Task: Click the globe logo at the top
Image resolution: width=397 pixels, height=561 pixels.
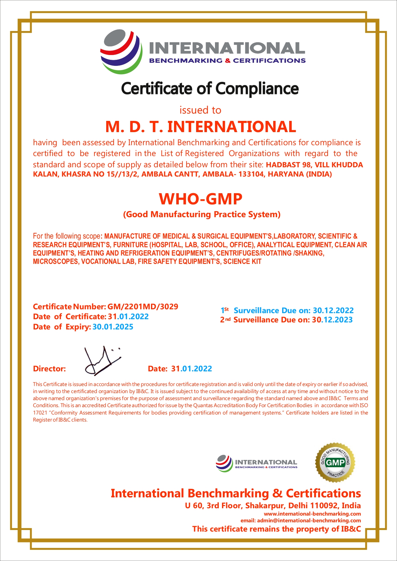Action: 121,51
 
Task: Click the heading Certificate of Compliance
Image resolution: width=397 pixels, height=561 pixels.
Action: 210,89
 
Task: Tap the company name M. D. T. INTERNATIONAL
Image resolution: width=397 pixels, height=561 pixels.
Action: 201,127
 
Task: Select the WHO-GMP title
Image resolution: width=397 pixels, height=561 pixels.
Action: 201,199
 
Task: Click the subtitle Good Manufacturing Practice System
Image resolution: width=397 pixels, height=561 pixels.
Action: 202,214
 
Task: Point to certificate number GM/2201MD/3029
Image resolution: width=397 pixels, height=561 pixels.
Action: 143,307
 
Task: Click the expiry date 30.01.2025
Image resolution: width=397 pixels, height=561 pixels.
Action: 113,327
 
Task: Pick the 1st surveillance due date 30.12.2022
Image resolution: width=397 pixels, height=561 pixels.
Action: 333,311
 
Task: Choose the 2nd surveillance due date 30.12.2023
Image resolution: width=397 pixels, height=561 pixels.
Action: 332,320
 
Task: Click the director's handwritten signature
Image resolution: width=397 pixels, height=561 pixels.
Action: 102,361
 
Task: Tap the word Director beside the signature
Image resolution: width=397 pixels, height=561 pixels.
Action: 49,369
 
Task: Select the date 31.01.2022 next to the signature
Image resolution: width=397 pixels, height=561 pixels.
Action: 191,369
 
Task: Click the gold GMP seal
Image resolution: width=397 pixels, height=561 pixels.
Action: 335,462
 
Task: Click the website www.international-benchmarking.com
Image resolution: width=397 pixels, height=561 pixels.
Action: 312,514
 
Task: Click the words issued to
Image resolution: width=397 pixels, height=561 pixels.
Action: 200,110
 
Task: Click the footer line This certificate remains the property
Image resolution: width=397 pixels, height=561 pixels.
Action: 276,529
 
